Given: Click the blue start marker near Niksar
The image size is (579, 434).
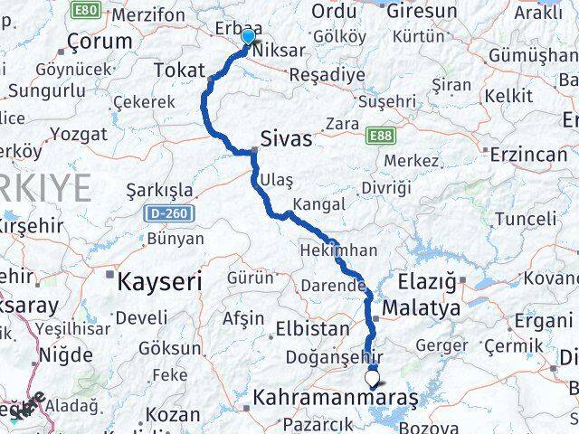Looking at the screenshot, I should (x=248, y=36).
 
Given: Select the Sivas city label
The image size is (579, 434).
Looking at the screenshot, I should (x=286, y=139).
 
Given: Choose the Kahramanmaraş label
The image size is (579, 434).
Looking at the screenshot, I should (x=335, y=398).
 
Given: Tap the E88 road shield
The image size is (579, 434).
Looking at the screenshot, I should (x=381, y=136).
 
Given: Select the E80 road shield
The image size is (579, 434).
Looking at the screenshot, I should (x=86, y=10).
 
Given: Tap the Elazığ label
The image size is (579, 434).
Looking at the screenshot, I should (x=429, y=281).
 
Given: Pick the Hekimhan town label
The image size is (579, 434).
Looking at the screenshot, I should (x=337, y=249).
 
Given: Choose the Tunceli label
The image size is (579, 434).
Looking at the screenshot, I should (x=526, y=218).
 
